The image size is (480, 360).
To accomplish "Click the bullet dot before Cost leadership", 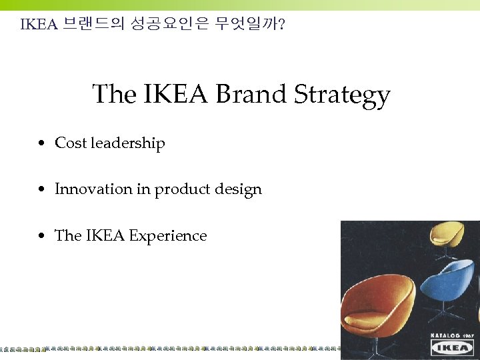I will click(42, 143).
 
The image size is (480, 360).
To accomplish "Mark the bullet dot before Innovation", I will click(42, 190).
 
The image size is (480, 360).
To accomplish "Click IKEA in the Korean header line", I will click(39, 25).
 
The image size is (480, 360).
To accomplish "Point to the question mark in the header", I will click(283, 25).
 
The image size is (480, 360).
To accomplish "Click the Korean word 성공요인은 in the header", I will click(169, 25).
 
